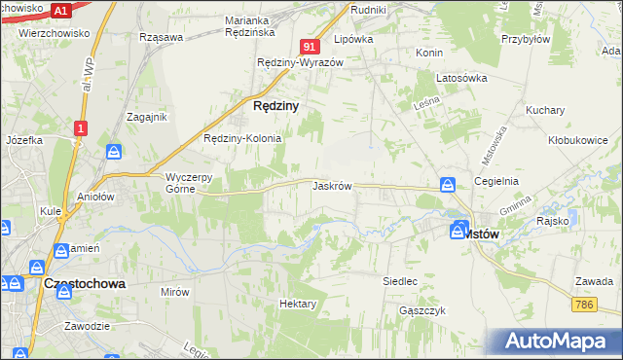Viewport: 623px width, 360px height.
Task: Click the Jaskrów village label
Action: click(332, 185)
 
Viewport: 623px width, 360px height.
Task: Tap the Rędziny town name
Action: click(275, 105)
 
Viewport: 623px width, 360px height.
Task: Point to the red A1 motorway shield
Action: click(59, 10)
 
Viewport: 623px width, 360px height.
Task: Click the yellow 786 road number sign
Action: click(584, 305)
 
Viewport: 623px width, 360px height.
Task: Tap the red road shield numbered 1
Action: click(80, 127)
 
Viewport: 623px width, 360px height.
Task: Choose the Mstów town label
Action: click(480, 234)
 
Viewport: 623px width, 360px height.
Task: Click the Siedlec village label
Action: click(400, 281)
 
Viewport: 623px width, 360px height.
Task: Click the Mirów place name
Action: click(174, 291)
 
